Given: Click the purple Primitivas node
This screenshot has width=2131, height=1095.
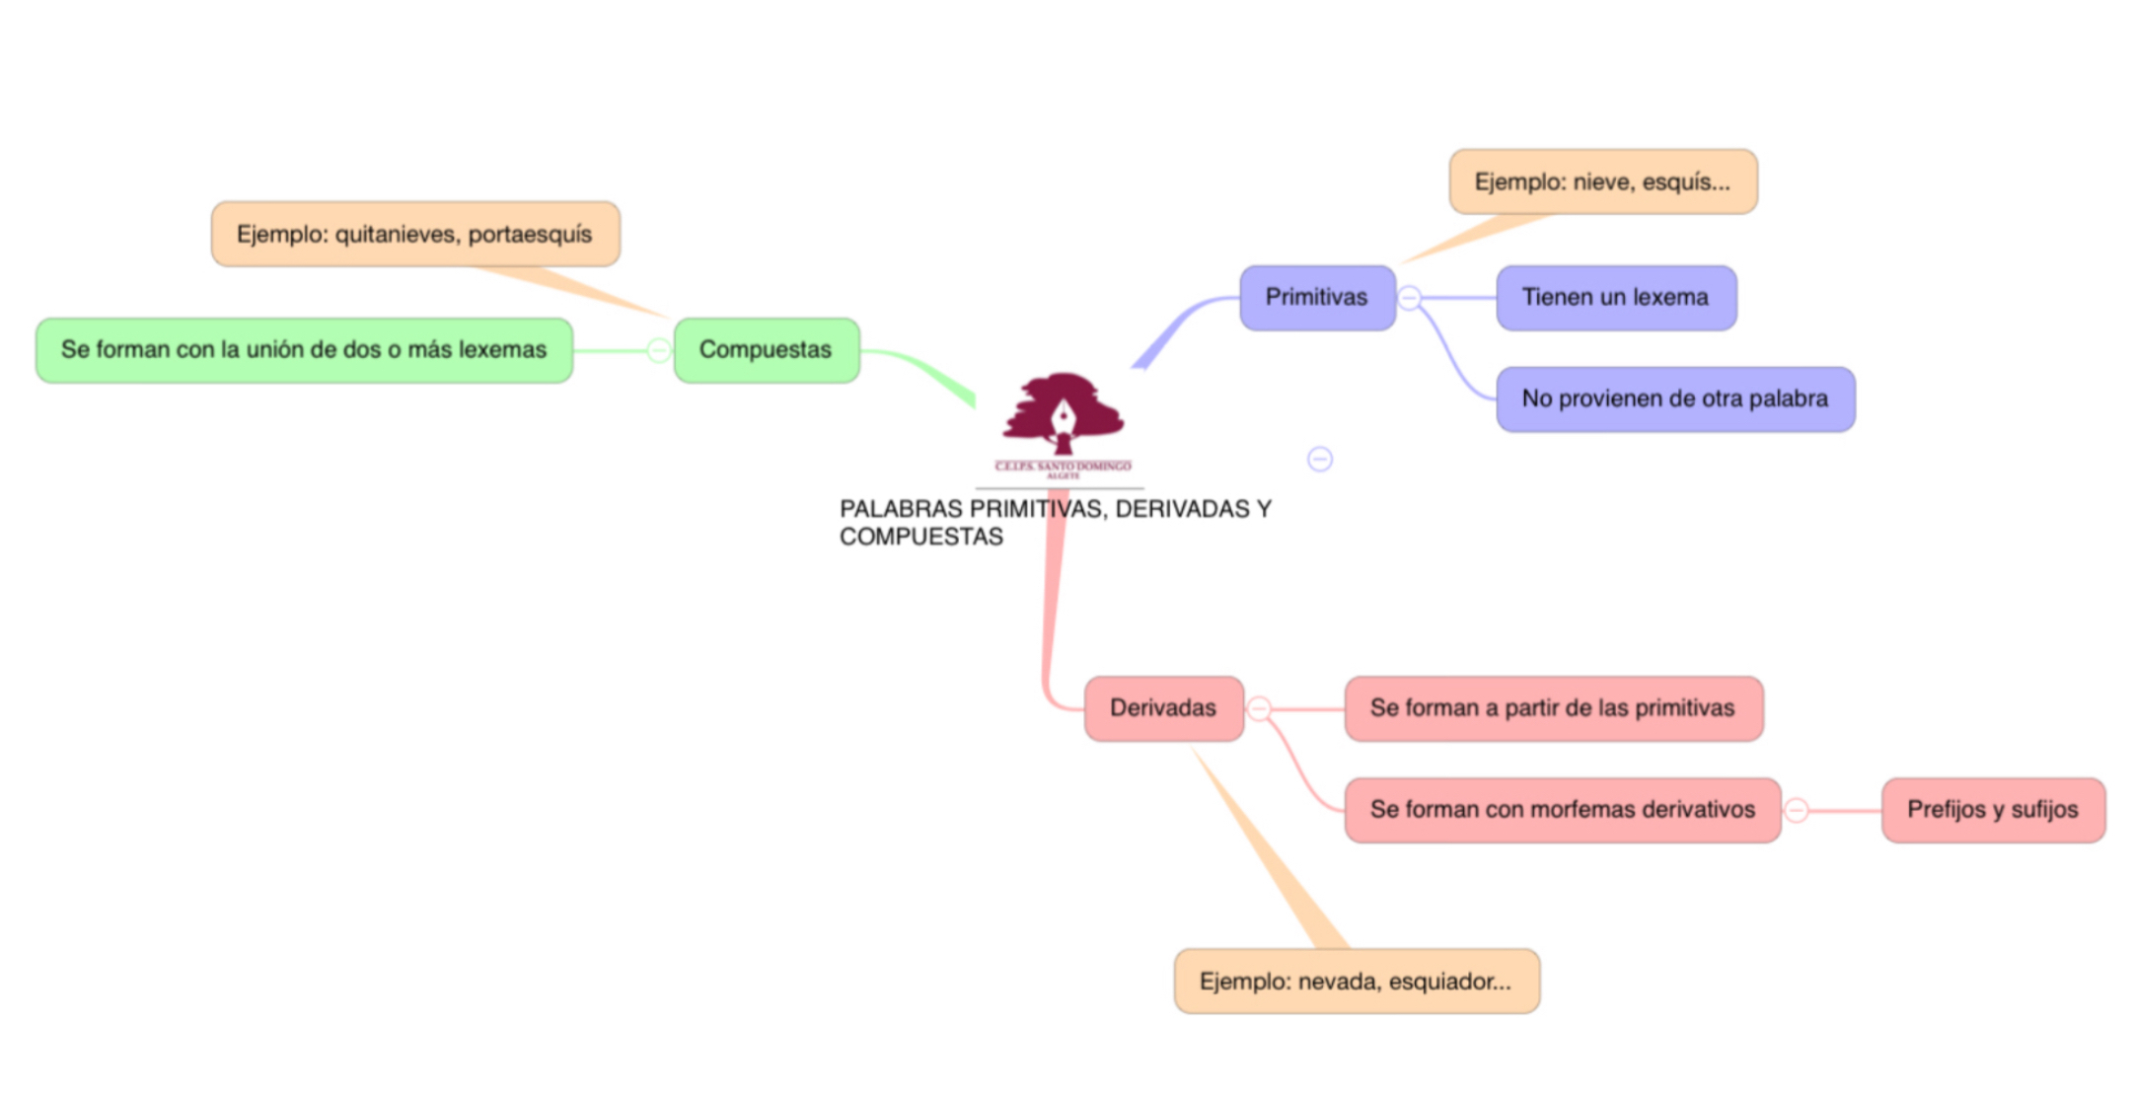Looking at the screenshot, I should [1317, 297].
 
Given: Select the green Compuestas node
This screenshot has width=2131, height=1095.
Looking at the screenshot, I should [766, 350].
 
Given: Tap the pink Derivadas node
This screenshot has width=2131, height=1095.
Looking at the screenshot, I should [1163, 708].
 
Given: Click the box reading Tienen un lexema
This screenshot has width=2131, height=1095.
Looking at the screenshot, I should [1615, 297].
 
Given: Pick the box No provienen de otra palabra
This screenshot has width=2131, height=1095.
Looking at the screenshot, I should [1674, 399].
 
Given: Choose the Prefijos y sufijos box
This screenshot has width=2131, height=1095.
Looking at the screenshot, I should [1992, 810].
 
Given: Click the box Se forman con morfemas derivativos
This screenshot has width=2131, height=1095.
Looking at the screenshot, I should [1562, 810].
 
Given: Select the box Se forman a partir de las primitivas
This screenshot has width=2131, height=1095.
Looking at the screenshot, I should [1552, 708].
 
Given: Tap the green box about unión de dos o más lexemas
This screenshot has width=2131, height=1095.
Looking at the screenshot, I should [304, 350].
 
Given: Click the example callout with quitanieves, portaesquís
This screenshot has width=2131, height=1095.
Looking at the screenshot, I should [414, 235].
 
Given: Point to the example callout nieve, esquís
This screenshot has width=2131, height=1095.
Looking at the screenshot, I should [1602, 182].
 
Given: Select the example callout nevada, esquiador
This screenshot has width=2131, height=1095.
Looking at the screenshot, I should [1356, 982].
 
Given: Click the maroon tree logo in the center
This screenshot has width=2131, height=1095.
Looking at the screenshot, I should [1063, 415].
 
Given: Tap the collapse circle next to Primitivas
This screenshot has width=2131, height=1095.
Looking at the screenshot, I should [1410, 297].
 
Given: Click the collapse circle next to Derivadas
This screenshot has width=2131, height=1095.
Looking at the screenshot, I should [1259, 708].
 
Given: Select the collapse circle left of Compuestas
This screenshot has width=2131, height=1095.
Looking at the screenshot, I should [658, 350].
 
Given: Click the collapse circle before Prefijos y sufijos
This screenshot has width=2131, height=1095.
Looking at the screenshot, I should [1797, 810].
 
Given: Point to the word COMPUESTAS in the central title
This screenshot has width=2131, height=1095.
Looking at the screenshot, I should [920, 537].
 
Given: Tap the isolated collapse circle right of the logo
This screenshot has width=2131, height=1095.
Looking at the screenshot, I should [1320, 459].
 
